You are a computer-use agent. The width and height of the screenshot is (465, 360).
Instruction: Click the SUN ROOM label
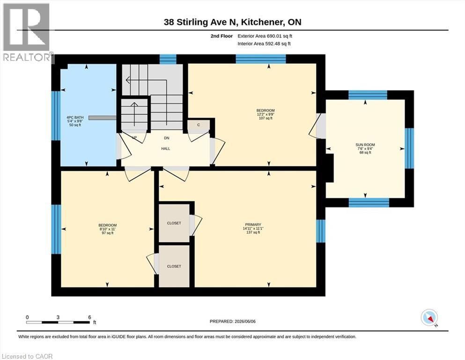point(365,145)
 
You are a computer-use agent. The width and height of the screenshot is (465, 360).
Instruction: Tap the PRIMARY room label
point(253,225)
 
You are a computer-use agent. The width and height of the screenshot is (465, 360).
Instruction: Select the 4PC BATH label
point(75,117)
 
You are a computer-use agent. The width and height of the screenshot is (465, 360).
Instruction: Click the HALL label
point(166,149)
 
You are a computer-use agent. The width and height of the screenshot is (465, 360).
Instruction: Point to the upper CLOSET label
point(174,223)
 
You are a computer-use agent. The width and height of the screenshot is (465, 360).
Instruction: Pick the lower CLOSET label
point(174,267)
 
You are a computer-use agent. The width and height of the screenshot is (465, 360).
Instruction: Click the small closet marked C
point(199,126)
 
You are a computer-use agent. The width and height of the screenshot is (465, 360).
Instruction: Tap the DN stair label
point(167,138)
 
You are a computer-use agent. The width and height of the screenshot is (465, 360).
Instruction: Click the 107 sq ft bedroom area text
point(266,118)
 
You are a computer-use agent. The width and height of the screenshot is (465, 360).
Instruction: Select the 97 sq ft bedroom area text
point(107,233)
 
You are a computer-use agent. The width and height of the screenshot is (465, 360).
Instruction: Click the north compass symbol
point(429,318)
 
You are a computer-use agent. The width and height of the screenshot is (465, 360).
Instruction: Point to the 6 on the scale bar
point(89,317)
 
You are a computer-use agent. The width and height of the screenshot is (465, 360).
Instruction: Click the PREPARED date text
point(232,322)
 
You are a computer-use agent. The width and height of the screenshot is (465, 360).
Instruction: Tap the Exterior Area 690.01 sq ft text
point(265,36)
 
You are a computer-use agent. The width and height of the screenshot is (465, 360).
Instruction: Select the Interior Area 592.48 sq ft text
point(264,44)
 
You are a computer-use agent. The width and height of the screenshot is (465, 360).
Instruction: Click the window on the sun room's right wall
point(409,149)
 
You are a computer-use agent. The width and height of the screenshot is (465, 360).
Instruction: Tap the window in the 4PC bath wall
point(56,115)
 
